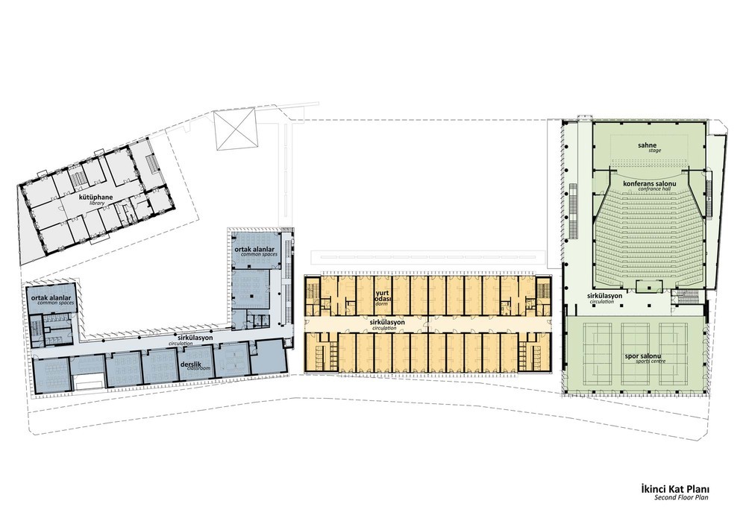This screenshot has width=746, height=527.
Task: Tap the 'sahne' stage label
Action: [x=648, y=145]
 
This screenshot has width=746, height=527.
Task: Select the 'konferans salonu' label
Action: [x=650, y=183]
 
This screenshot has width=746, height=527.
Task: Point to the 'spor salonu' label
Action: [x=645, y=356]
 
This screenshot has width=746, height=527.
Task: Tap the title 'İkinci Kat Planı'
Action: [x=675, y=490]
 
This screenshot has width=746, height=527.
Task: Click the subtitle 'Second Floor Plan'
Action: [x=681, y=497]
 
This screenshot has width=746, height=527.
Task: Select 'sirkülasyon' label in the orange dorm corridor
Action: [x=387, y=322]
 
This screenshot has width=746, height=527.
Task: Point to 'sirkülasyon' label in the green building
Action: [x=604, y=296]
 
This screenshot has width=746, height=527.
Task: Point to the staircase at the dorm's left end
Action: [x=313, y=291]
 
